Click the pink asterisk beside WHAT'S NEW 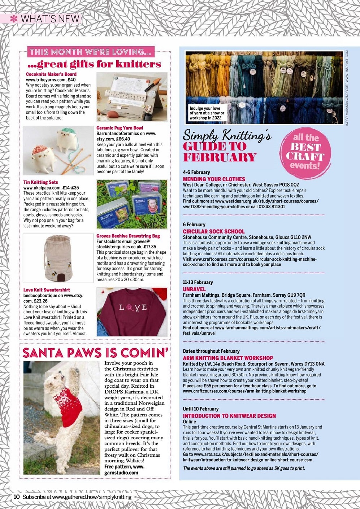tap(14, 18)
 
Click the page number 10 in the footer tap(17, 497)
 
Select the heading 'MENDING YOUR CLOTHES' tap(214, 179)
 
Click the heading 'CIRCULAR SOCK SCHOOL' tap(213, 231)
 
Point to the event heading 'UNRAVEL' tap(194, 289)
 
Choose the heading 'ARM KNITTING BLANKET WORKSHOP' tap(228, 358)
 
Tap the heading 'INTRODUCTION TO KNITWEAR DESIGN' tap(229, 416)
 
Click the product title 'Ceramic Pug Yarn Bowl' tap(120, 128)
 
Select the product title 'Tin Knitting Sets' tap(40, 182)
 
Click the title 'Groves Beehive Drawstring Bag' tap(128, 236)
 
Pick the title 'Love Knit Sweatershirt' tap(47, 290)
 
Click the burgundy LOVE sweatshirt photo tap(132, 312)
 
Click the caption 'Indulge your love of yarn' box tap(207, 113)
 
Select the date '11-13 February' tap(198, 282)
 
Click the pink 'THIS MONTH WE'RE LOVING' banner tap(91, 52)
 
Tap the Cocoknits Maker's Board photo tap(132, 97)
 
